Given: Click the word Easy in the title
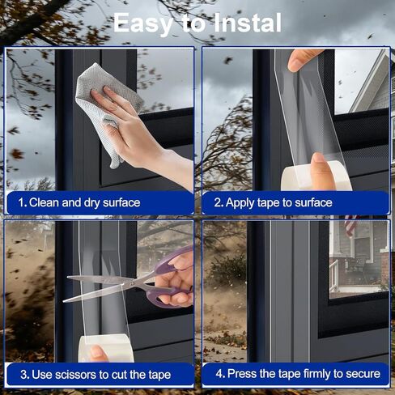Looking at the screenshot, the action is (142, 23).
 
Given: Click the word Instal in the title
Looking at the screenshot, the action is (248, 23).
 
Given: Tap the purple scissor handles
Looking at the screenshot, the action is (170, 278).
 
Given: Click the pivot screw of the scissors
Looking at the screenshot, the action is (132, 283).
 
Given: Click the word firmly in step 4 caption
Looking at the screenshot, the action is (317, 374).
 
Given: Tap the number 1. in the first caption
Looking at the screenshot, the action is (23, 202).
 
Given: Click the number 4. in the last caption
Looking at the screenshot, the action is (220, 374).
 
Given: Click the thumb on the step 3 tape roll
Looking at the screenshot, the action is (98, 353).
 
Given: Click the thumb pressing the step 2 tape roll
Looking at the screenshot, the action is (321, 171).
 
